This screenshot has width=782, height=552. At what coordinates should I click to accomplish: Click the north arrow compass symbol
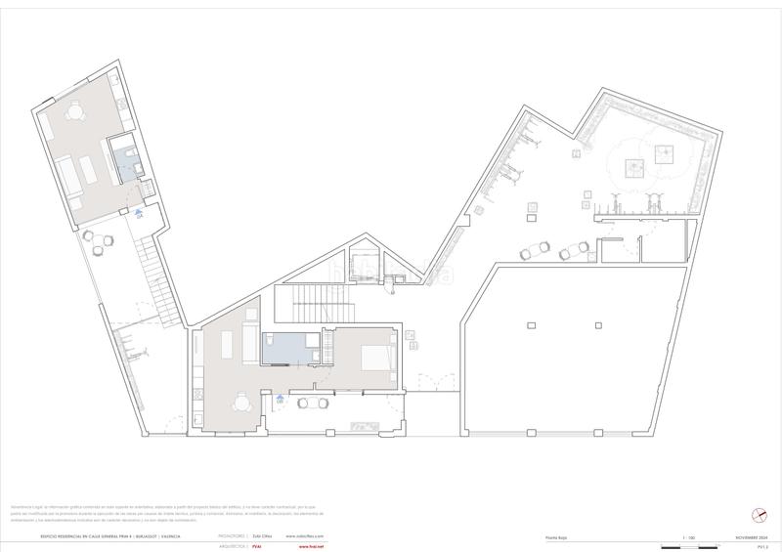pos(759,516)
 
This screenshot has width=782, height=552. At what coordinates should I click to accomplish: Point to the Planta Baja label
pos(555,536)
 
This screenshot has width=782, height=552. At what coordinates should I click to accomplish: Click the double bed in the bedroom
pos(379,357)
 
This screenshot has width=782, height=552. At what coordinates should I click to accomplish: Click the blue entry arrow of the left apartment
pos(139,212)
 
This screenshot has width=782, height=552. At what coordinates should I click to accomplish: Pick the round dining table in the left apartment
pos(75,114)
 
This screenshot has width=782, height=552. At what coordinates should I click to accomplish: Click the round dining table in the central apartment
pos(241,401)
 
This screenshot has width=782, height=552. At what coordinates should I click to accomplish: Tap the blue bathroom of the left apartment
pos(126,160)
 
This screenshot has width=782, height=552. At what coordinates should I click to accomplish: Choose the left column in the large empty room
pos(528,324)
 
